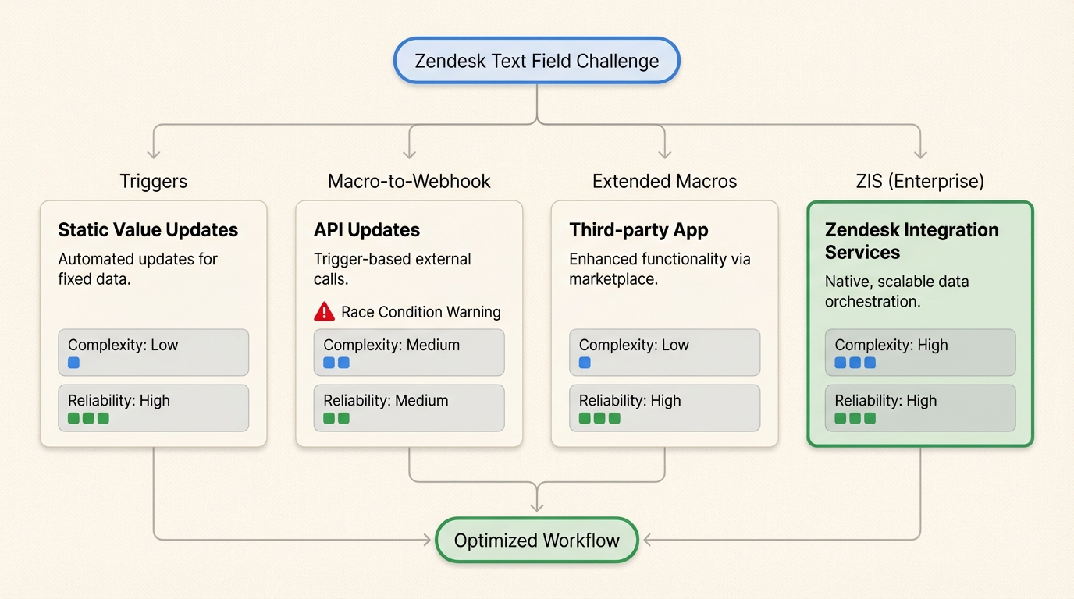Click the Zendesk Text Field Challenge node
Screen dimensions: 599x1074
click(537, 61)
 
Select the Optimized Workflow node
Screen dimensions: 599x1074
click(537, 540)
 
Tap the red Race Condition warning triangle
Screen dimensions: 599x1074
click(324, 312)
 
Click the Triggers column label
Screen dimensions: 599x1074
click(154, 182)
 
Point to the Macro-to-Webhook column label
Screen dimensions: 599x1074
click(409, 182)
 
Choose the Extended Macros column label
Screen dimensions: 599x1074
click(664, 182)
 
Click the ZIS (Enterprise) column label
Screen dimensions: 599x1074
click(920, 182)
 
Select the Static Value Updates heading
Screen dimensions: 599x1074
click(148, 230)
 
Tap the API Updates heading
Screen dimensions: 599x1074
click(367, 230)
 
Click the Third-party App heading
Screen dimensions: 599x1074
click(638, 230)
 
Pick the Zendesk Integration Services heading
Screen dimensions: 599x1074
click(912, 241)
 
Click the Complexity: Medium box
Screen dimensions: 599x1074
click(409, 353)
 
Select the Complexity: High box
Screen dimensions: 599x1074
click(920, 353)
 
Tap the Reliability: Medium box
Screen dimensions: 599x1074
click(409, 408)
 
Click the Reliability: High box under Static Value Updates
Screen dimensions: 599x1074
click(154, 408)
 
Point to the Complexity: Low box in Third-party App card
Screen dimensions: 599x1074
click(664, 353)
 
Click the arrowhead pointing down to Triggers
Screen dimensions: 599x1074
click(154, 153)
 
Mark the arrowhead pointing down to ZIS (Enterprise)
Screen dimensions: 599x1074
click(920, 153)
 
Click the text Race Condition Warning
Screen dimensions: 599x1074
click(421, 312)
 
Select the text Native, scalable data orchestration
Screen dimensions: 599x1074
click(897, 291)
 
